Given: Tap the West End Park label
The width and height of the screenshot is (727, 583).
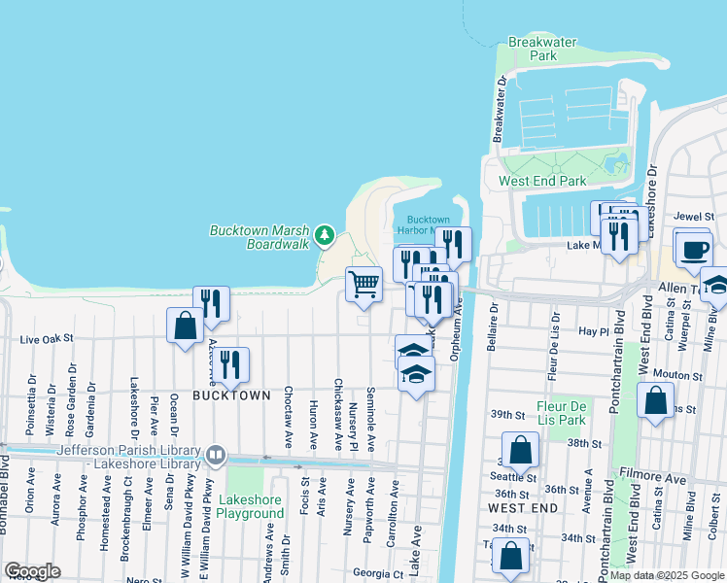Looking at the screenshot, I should (x=542, y=181).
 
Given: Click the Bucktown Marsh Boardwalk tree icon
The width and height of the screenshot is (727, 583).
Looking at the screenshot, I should (x=325, y=235).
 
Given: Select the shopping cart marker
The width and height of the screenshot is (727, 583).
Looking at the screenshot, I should (x=363, y=285).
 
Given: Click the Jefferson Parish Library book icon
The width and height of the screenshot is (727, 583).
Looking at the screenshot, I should (x=216, y=455).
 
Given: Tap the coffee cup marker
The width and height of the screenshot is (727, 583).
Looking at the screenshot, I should (x=694, y=249).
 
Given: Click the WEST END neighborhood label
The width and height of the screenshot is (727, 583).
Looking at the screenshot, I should (x=523, y=508).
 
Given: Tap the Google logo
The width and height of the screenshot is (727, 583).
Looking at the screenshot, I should (x=32, y=571).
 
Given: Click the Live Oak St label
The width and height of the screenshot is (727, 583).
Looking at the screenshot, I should (x=47, y=339).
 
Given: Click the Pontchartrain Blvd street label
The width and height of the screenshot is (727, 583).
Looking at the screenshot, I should (x=613, y=361).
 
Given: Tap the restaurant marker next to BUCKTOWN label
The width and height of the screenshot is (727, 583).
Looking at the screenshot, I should (x=230, y=364).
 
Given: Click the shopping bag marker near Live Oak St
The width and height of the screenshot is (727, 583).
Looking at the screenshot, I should (x=185, y=325).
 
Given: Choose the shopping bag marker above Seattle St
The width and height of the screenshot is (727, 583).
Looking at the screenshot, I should (x=521, y=450).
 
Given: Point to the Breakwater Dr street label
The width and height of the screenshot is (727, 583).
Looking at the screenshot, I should (x=499, y=111).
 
